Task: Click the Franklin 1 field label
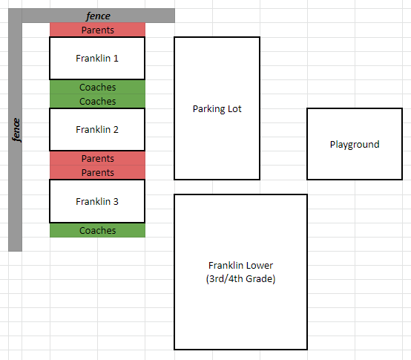(x=97, y=58)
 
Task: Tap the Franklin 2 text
(x=97, y=130)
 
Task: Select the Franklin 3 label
(x=97, y=201)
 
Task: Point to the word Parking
(x=208, y=109)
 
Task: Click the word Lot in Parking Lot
(x=234, y=108)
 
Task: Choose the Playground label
(x=355, y=145)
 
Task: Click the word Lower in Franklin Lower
(x=259, y=265)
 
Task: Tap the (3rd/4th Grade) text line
(x=240, y=278)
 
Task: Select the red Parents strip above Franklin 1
(x=97, y=30)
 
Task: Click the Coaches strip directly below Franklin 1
(x=97, y=87)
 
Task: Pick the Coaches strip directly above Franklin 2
(x=97, y=101)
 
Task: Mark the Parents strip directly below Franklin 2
(x=97, y=158)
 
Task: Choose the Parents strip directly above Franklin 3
(x=97, y=172)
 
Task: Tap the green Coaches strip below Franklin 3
(x=97, y=230)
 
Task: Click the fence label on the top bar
(x=98, y=16)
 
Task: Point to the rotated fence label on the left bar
(x=16, y=130)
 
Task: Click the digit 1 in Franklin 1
(x=116, y=58)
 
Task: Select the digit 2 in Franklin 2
(x=116, y=130)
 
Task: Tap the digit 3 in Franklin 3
(x=116, y=201)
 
